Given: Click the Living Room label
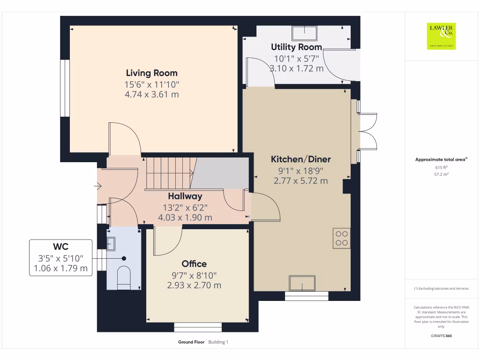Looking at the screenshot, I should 151,73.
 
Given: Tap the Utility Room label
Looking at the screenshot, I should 296,47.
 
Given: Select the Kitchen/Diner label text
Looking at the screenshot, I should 300,159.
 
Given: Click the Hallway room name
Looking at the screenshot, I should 185,196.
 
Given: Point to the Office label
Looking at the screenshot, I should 194,264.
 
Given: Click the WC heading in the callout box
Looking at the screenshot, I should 60,246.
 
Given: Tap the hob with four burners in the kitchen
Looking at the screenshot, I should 341,238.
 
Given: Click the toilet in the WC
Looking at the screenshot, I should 123,275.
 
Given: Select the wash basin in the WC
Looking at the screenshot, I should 111,244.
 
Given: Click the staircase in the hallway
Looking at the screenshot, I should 169,172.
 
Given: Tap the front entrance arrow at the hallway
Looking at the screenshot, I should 98,187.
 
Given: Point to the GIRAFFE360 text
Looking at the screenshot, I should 441,336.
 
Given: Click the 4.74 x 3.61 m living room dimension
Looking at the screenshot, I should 151,95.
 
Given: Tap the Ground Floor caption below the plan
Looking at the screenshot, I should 191,342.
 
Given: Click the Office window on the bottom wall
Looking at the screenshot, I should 197,327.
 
